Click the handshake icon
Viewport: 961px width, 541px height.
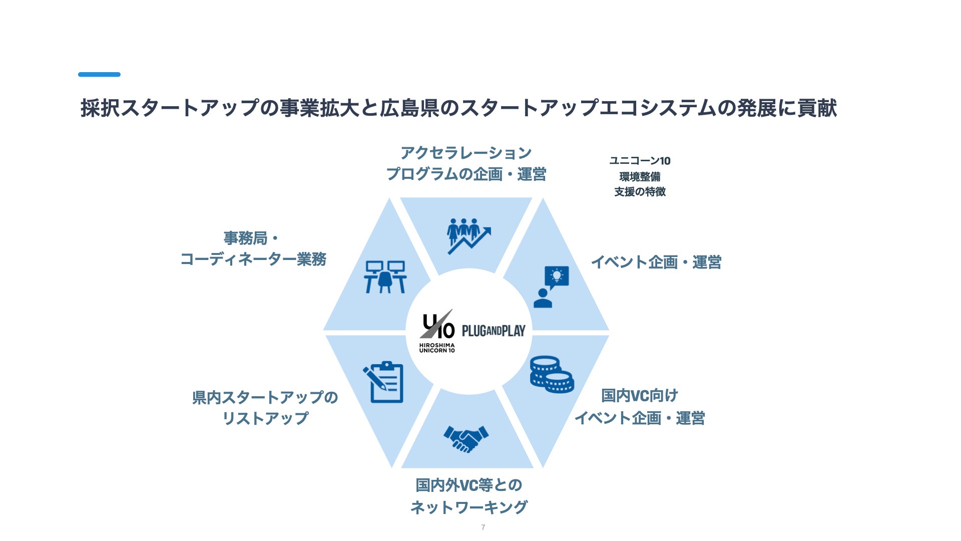click(x=466, y=439)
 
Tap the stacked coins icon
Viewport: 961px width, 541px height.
click(x=552, y=374)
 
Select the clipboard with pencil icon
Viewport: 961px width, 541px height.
click(x=383, y=382)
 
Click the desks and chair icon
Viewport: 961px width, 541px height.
click(x=385, y=277)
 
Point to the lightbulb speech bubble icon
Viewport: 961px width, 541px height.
click(x=551, y=287)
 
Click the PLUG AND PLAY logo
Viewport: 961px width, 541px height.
click(x=494, y=331)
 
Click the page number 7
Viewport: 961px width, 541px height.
click(x=483, y=527)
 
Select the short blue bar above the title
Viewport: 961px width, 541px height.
click(x=99, y=75)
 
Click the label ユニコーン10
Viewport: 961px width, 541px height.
click(x=640, y=161)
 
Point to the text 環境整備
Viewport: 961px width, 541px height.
click(x=640, y=176)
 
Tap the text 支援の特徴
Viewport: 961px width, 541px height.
click(x=640, y=192)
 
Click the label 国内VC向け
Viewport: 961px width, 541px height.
click(x=640, y=396)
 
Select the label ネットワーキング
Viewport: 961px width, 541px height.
click(x=468, y=507)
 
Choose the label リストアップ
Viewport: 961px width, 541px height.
click(x=265, y=418)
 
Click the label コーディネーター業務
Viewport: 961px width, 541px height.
click(x=253, y=259)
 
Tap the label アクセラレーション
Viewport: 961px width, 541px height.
click(x=466, y=153)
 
